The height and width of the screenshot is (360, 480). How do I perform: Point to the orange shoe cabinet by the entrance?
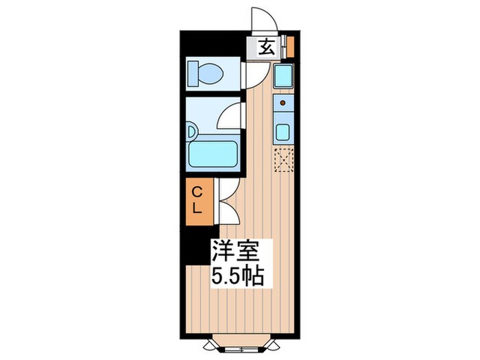(290, 46)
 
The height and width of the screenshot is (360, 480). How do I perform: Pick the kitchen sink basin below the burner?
(283, 130)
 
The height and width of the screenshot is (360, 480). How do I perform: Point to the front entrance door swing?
(263, 21)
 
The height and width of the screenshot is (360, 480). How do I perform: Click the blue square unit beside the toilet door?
(283, 75)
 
